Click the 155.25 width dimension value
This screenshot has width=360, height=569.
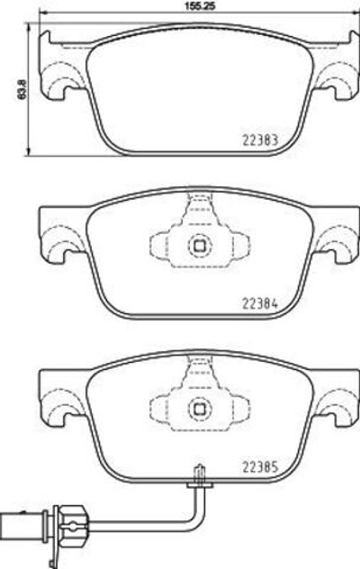(195, 6)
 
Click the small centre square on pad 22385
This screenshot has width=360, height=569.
(195, 408)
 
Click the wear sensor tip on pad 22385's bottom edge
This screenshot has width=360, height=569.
(199, 472)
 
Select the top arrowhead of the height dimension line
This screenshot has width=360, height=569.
(32, 29)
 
